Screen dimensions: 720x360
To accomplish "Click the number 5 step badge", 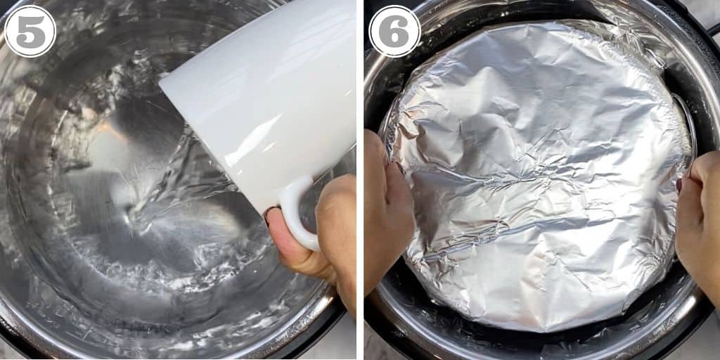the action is pyautogui.click(x=30, y=31).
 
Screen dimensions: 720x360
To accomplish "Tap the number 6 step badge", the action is pyautogui.click(x=394, y=31).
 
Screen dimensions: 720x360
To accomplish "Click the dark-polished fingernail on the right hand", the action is pyautogui.click(x=679, y=186).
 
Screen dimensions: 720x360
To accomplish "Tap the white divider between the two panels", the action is pyautogui.click(x=360, y=180).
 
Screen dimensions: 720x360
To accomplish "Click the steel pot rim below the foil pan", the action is pyautogui.click(x=537, y=345).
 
